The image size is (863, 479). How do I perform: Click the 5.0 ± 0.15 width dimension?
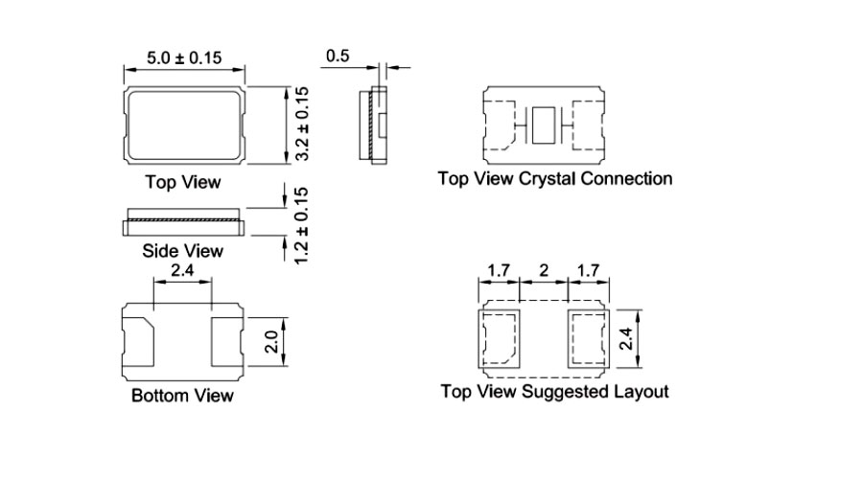pos(184,58)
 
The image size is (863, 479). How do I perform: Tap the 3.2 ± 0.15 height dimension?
pos(301,124)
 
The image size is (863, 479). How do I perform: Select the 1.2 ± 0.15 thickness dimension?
pos(301,226)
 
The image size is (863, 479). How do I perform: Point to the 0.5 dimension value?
pos(338,57)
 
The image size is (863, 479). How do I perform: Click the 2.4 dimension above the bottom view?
pos(182,272)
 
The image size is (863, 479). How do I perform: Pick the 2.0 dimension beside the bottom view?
pos(271,341)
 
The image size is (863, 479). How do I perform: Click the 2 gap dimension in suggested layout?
pos(543,271)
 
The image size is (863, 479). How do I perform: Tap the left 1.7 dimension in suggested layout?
pos(498,271)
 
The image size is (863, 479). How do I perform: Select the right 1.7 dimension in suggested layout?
pos(588,271)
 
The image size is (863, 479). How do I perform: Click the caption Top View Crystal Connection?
pos(554,178)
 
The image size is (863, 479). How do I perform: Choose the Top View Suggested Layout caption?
pos(554,391)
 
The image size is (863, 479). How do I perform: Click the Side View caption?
pos(182,251)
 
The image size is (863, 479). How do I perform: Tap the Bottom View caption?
pos(182,395)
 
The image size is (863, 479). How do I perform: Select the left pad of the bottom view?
pos(140,341)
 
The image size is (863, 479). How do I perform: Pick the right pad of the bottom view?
pos(226,341)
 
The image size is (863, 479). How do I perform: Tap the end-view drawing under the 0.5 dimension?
pos(374,123)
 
